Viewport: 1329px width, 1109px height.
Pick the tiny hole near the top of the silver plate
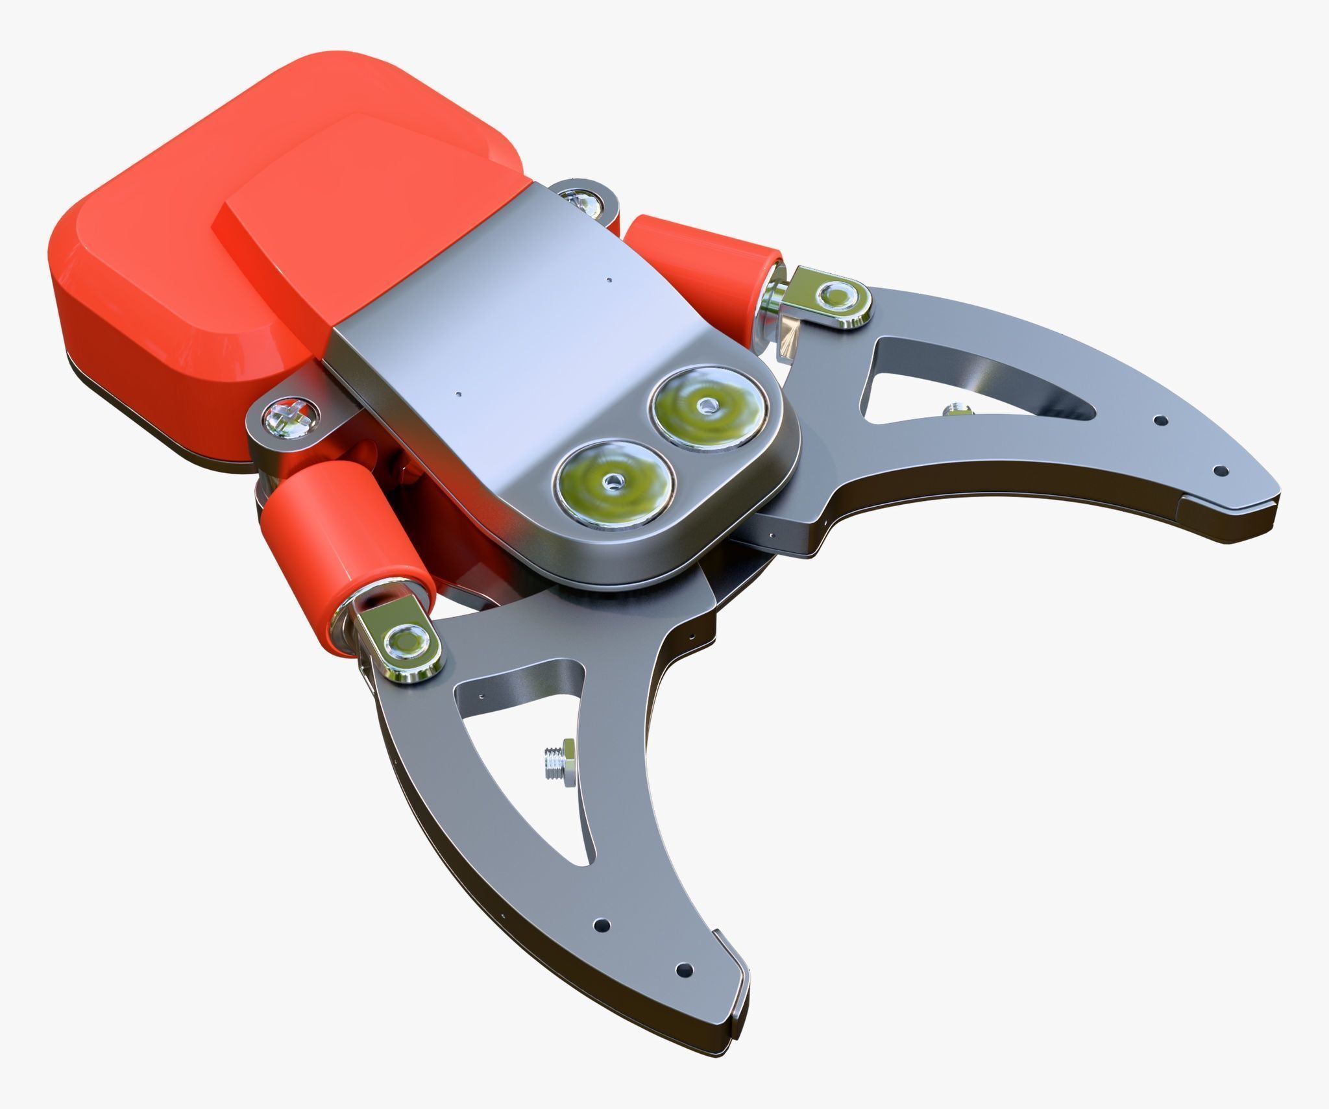[608, 280]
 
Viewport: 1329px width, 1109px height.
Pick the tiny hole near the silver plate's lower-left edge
[459, 393]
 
